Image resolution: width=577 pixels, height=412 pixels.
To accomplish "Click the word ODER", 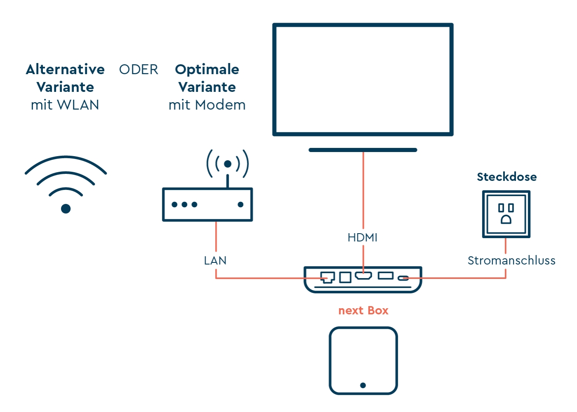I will tap(138, 70).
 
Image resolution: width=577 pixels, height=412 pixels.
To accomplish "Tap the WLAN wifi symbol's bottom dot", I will tap(66, 209).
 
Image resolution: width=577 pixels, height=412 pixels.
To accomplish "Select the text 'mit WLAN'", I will tap(65, 105).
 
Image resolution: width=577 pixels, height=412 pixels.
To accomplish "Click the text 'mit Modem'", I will tap(207, 105).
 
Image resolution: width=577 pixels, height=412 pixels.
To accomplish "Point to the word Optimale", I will tap(207, 70).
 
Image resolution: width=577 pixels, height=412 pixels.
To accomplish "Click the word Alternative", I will tap(65, 70).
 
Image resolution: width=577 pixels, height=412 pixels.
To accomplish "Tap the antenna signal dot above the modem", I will tap(228, 164).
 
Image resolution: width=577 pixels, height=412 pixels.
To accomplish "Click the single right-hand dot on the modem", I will tap(241, 204).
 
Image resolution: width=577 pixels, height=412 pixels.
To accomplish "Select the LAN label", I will tap(215, 261).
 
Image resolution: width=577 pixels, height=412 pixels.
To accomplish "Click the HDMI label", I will tap(362, 238).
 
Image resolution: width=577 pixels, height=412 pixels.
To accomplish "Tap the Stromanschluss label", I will tap(511, 261).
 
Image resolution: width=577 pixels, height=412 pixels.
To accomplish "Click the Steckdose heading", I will tap(507, 177).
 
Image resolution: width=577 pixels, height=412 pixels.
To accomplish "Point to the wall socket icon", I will tap(506, 214).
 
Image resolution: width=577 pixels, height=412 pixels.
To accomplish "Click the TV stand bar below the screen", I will tap(363, 150).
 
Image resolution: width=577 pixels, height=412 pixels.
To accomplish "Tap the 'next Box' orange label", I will tap(363, 311).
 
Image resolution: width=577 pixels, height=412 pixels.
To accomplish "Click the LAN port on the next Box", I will tap(327, 277).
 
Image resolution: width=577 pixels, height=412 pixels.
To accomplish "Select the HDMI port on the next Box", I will tap(363, 276).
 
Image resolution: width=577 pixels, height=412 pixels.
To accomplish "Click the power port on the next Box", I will tap(403, 278).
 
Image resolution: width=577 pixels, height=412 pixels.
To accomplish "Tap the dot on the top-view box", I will tap(363, 386).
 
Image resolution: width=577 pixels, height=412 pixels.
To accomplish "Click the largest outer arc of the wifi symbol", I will tap(66, 158).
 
